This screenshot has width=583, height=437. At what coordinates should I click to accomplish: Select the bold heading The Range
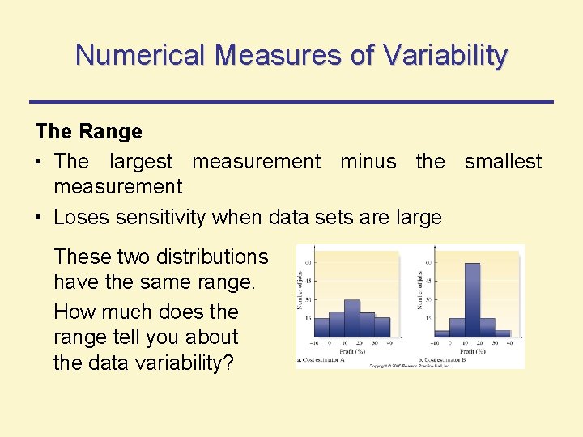tap(88, 131)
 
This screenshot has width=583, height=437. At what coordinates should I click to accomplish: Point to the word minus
tap(368, 161)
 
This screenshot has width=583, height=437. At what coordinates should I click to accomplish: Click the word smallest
tap(503, 161)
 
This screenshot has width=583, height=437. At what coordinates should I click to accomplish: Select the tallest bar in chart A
tap(352, 317)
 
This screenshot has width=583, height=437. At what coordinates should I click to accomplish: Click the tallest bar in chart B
tap(472, 299)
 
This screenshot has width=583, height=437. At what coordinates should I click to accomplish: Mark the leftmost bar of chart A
tap(321, 326)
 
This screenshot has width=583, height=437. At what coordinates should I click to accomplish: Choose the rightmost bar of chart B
tap(503, 333)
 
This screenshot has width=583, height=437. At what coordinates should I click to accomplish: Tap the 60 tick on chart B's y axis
tap(428, 262)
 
